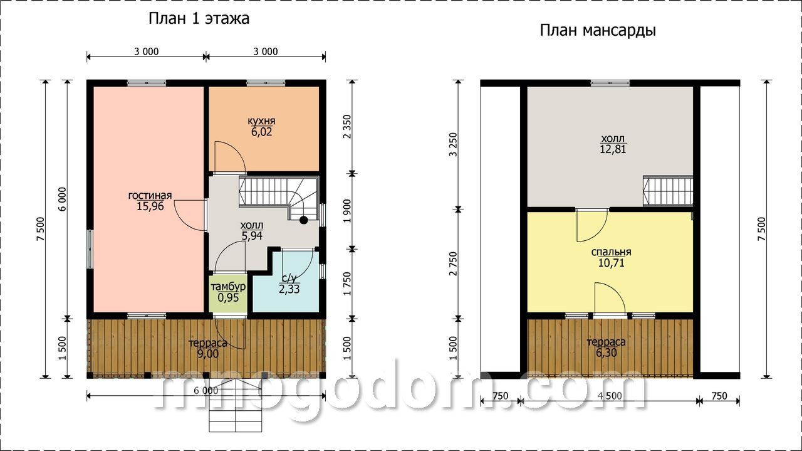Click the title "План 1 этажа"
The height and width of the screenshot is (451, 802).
pos(199,19)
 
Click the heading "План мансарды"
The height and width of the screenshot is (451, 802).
pos(598,31)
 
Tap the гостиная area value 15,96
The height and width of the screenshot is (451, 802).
pos(150,206)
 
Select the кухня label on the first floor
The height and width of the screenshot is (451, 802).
pos(261,121)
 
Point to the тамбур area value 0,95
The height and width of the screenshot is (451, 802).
pos(228,297)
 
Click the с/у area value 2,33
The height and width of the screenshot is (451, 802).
pos(289,289)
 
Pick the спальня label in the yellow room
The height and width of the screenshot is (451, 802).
pos(611,252)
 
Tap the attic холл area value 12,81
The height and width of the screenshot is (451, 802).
pos(613,149)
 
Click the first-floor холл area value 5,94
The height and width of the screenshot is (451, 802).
pos(252,236)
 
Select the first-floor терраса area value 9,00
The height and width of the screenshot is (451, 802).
pos(207,354)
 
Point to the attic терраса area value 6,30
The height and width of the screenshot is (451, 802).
pos(607,353)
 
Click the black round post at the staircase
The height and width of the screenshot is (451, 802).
pos(304,220)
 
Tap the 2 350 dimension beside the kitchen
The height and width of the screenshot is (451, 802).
pos(347,127)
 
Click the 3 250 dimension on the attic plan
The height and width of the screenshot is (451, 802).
pos(454,144)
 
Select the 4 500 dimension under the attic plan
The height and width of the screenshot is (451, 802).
pos(610,396)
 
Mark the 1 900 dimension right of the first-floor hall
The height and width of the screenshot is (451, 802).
pos(347,211)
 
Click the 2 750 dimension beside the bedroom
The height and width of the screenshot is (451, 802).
pos(454,263)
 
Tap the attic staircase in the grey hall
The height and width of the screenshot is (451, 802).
pos(668,191)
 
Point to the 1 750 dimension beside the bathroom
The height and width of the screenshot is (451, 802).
pos(347,284)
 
